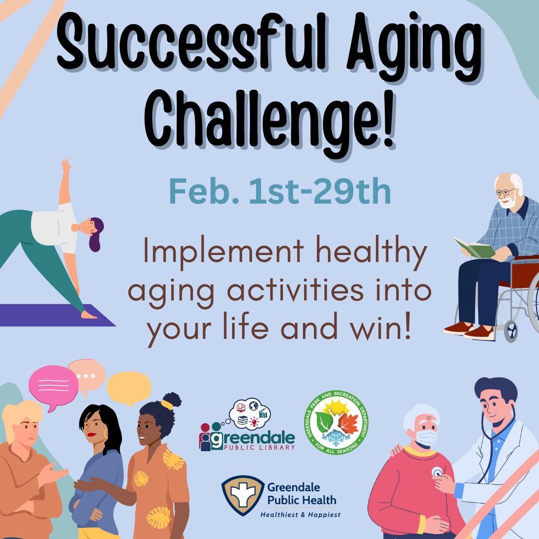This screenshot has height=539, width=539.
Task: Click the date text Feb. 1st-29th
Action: coord(279,193)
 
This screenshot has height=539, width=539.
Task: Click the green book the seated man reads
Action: coord(474,248)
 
